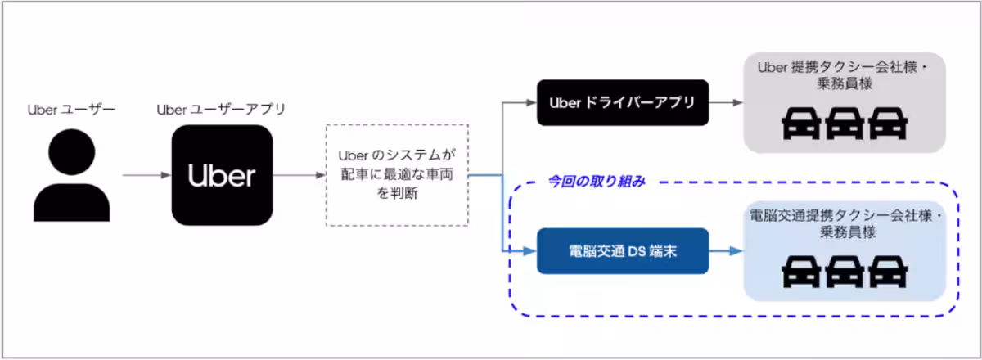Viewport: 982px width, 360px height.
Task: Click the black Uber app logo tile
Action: pos(221,175)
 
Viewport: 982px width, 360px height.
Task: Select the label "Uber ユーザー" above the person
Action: pos(71,110)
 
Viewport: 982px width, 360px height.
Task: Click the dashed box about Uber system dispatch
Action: pos(397,175)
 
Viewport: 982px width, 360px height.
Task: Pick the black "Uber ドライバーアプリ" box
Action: pos(622,103)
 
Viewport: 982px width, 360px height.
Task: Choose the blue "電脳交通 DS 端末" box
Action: pos(622,250)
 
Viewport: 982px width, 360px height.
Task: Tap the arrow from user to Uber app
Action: pos(146,175)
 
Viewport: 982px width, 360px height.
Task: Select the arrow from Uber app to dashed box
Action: pos(298,175)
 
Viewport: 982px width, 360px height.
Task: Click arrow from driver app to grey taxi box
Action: pos(725,103)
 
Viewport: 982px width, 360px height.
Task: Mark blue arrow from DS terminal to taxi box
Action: pos(725,250)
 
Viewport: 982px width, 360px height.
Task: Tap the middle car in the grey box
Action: pos(844,124)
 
